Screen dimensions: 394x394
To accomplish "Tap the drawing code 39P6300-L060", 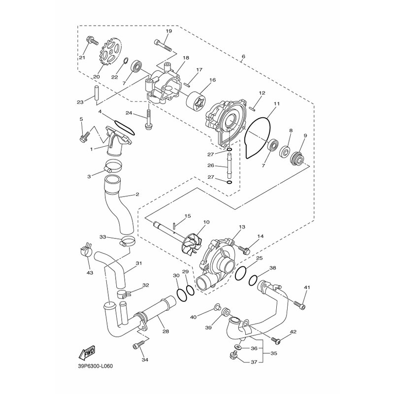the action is [x=95, y=366].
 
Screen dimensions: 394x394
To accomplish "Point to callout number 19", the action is [x=169, y=31].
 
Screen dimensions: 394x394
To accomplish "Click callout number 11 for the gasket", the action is [x=277, y=103].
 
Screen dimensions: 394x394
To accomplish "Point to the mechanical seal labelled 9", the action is [x=297, y=157].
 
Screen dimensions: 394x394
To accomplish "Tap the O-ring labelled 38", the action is [x=254, y=280].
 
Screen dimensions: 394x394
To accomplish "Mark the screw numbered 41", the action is [x=300, y=304].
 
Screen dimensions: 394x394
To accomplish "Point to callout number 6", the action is [x=243, y=56].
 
